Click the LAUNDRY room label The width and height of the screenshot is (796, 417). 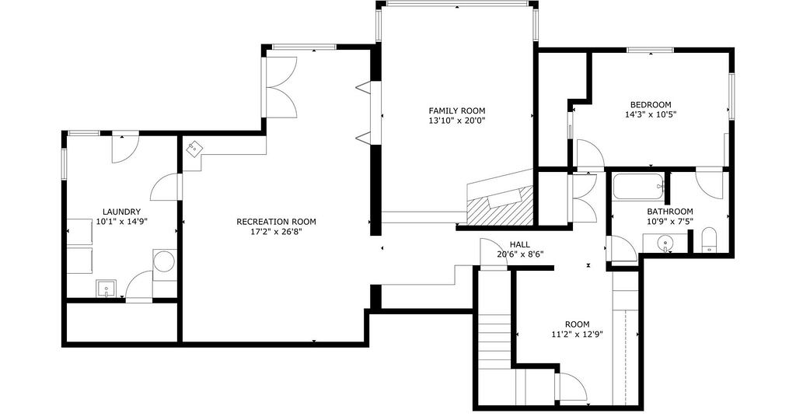121,212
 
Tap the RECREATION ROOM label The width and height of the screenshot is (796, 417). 276,222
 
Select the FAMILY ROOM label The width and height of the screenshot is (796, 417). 457,110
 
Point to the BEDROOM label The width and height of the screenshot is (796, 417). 651,104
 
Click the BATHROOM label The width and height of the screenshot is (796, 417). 670,212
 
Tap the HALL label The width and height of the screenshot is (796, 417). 520,244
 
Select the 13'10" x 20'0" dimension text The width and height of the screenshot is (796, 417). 457,121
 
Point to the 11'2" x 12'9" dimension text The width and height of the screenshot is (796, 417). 578,335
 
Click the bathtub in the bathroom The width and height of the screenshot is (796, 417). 638,187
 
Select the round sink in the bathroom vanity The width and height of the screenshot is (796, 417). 665,244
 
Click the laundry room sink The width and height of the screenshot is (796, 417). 106,288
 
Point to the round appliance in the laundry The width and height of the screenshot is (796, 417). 164,262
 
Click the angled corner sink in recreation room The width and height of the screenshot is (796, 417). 194,149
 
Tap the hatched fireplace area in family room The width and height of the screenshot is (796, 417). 500,206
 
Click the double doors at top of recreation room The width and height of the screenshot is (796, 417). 281,87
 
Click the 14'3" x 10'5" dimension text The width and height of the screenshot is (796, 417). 651,115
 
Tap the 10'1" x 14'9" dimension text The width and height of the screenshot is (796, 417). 121,222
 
